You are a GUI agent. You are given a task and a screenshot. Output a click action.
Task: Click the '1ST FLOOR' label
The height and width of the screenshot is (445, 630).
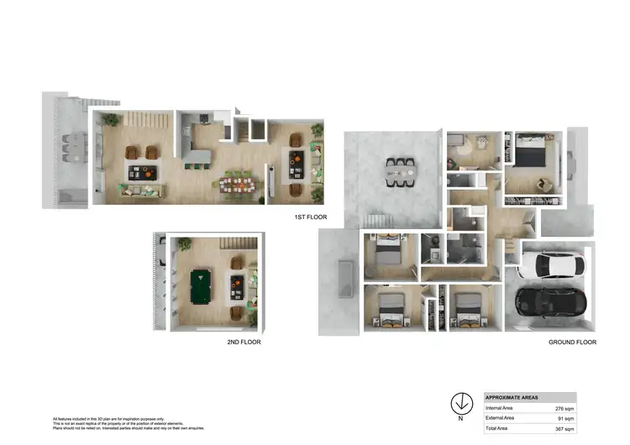click(310, 217)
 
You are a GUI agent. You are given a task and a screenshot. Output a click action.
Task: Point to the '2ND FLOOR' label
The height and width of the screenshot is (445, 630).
click(243, 343)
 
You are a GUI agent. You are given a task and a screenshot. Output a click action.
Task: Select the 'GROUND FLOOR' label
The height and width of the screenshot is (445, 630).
click(572, 343)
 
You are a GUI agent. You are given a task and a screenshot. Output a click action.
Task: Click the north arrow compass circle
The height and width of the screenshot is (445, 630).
click(460, 401)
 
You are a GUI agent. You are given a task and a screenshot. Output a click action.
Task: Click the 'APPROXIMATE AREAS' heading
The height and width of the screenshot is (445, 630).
click(512, 397)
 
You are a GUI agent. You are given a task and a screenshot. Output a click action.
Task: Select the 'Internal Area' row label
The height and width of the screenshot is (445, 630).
click(499, 408)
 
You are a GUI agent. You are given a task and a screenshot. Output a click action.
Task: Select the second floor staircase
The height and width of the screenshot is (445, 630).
click(237, 243)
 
